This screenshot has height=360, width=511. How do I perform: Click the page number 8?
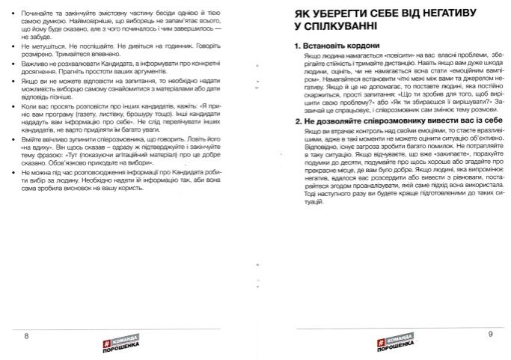tap(26, 335)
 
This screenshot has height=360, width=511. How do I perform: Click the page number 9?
tap(490, 335)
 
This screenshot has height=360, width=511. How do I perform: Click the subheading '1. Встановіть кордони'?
tap(334, 46)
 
